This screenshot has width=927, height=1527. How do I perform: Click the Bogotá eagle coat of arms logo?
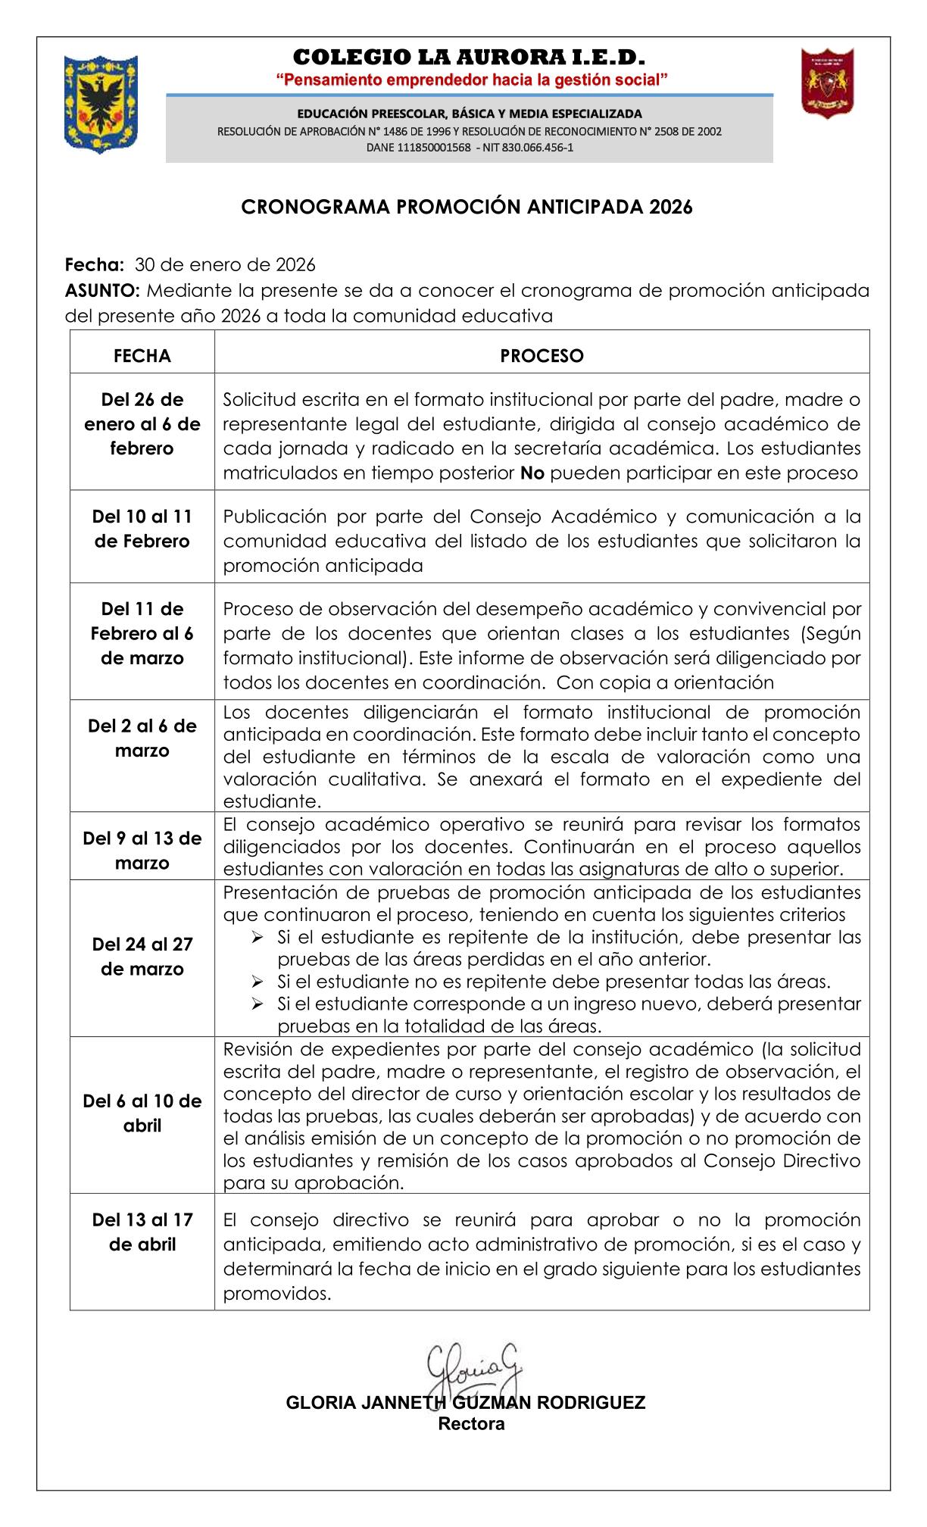click(x=101, y=104)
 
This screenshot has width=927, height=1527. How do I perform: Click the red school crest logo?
click(x=829, y=83)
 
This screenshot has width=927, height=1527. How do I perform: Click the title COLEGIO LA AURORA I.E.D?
click(x=470, y=58)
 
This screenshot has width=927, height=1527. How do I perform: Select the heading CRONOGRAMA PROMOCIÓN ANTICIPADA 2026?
click(x=467, y=208)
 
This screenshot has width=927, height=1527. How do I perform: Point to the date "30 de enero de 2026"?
click(x=225, y=265)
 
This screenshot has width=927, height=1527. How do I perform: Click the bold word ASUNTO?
click(x=103, y=291)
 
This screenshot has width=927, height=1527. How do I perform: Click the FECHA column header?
click(x=142, y=356)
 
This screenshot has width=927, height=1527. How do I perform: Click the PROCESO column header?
click(x=542, y=356)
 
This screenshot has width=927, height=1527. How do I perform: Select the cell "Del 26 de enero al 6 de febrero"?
click(x=142, y=424)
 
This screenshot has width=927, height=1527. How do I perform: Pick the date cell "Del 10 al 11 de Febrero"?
click(x=142, y=529)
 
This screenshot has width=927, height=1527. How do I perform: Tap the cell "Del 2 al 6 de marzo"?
click(x=142, y=739)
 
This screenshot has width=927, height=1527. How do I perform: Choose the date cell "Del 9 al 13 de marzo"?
click(x=142, y=851)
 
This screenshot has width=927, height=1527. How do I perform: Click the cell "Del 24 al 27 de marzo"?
click(x=142, y=957)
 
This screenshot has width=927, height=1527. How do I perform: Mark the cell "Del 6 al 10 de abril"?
click(x=142, y=1113)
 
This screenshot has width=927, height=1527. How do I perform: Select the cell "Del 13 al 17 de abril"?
click(x=142, y=1232)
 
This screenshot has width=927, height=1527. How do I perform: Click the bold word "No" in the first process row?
click(x=532, y=473)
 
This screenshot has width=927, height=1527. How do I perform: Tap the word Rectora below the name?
click(x=471, y=1424)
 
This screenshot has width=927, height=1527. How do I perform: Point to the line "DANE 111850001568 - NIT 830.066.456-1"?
click(x=470, y=148)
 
